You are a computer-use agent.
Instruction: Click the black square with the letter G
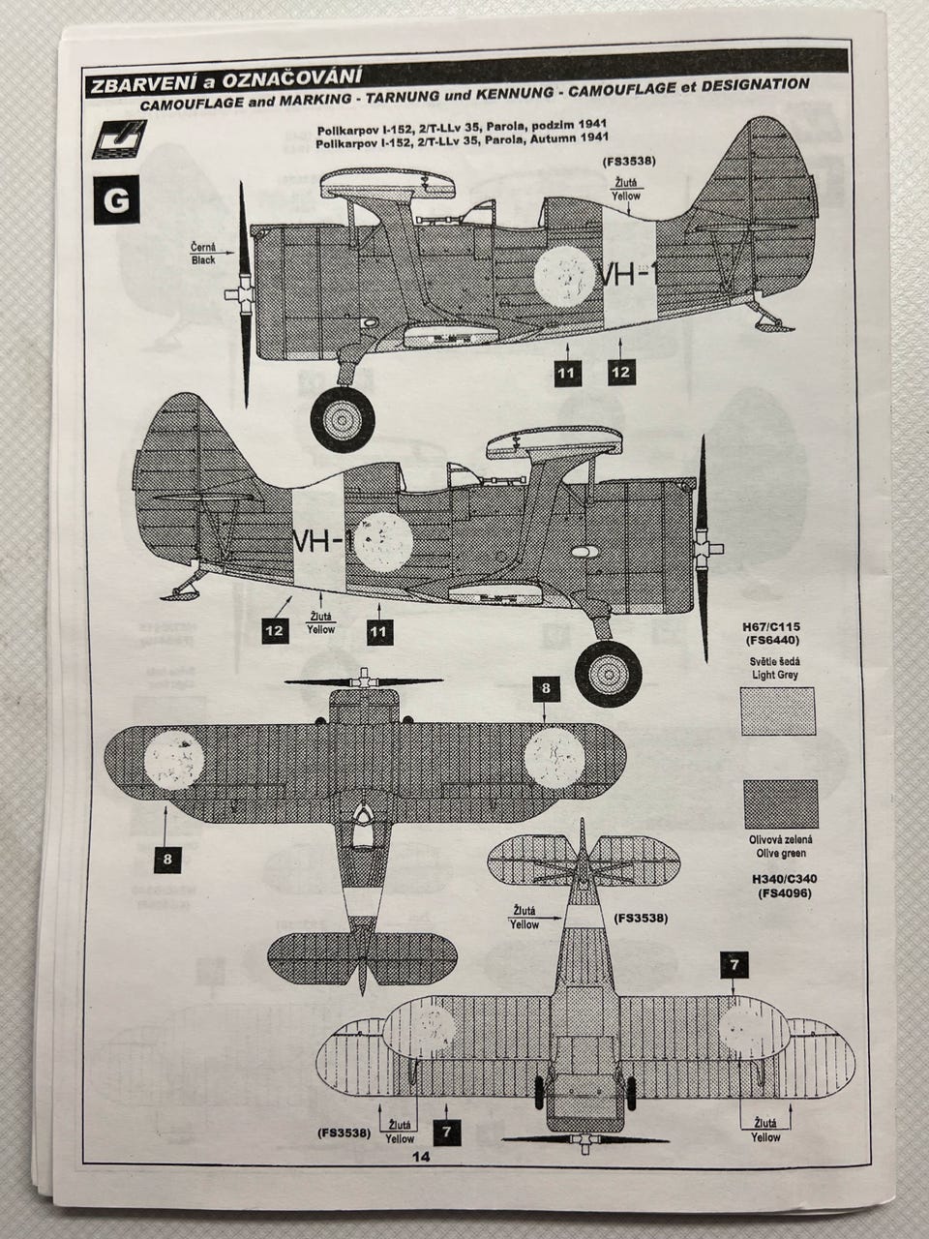116,200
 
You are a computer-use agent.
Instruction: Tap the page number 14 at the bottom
420,1156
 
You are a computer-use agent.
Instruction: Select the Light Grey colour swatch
777,712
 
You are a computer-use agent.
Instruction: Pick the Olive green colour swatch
777,804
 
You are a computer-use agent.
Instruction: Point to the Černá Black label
203,254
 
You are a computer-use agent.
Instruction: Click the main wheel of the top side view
343,417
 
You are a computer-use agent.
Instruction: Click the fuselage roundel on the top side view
563,275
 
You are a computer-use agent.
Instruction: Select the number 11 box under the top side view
567,372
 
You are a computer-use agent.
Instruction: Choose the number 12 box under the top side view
621,372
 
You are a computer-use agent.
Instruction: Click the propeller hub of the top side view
236,293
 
